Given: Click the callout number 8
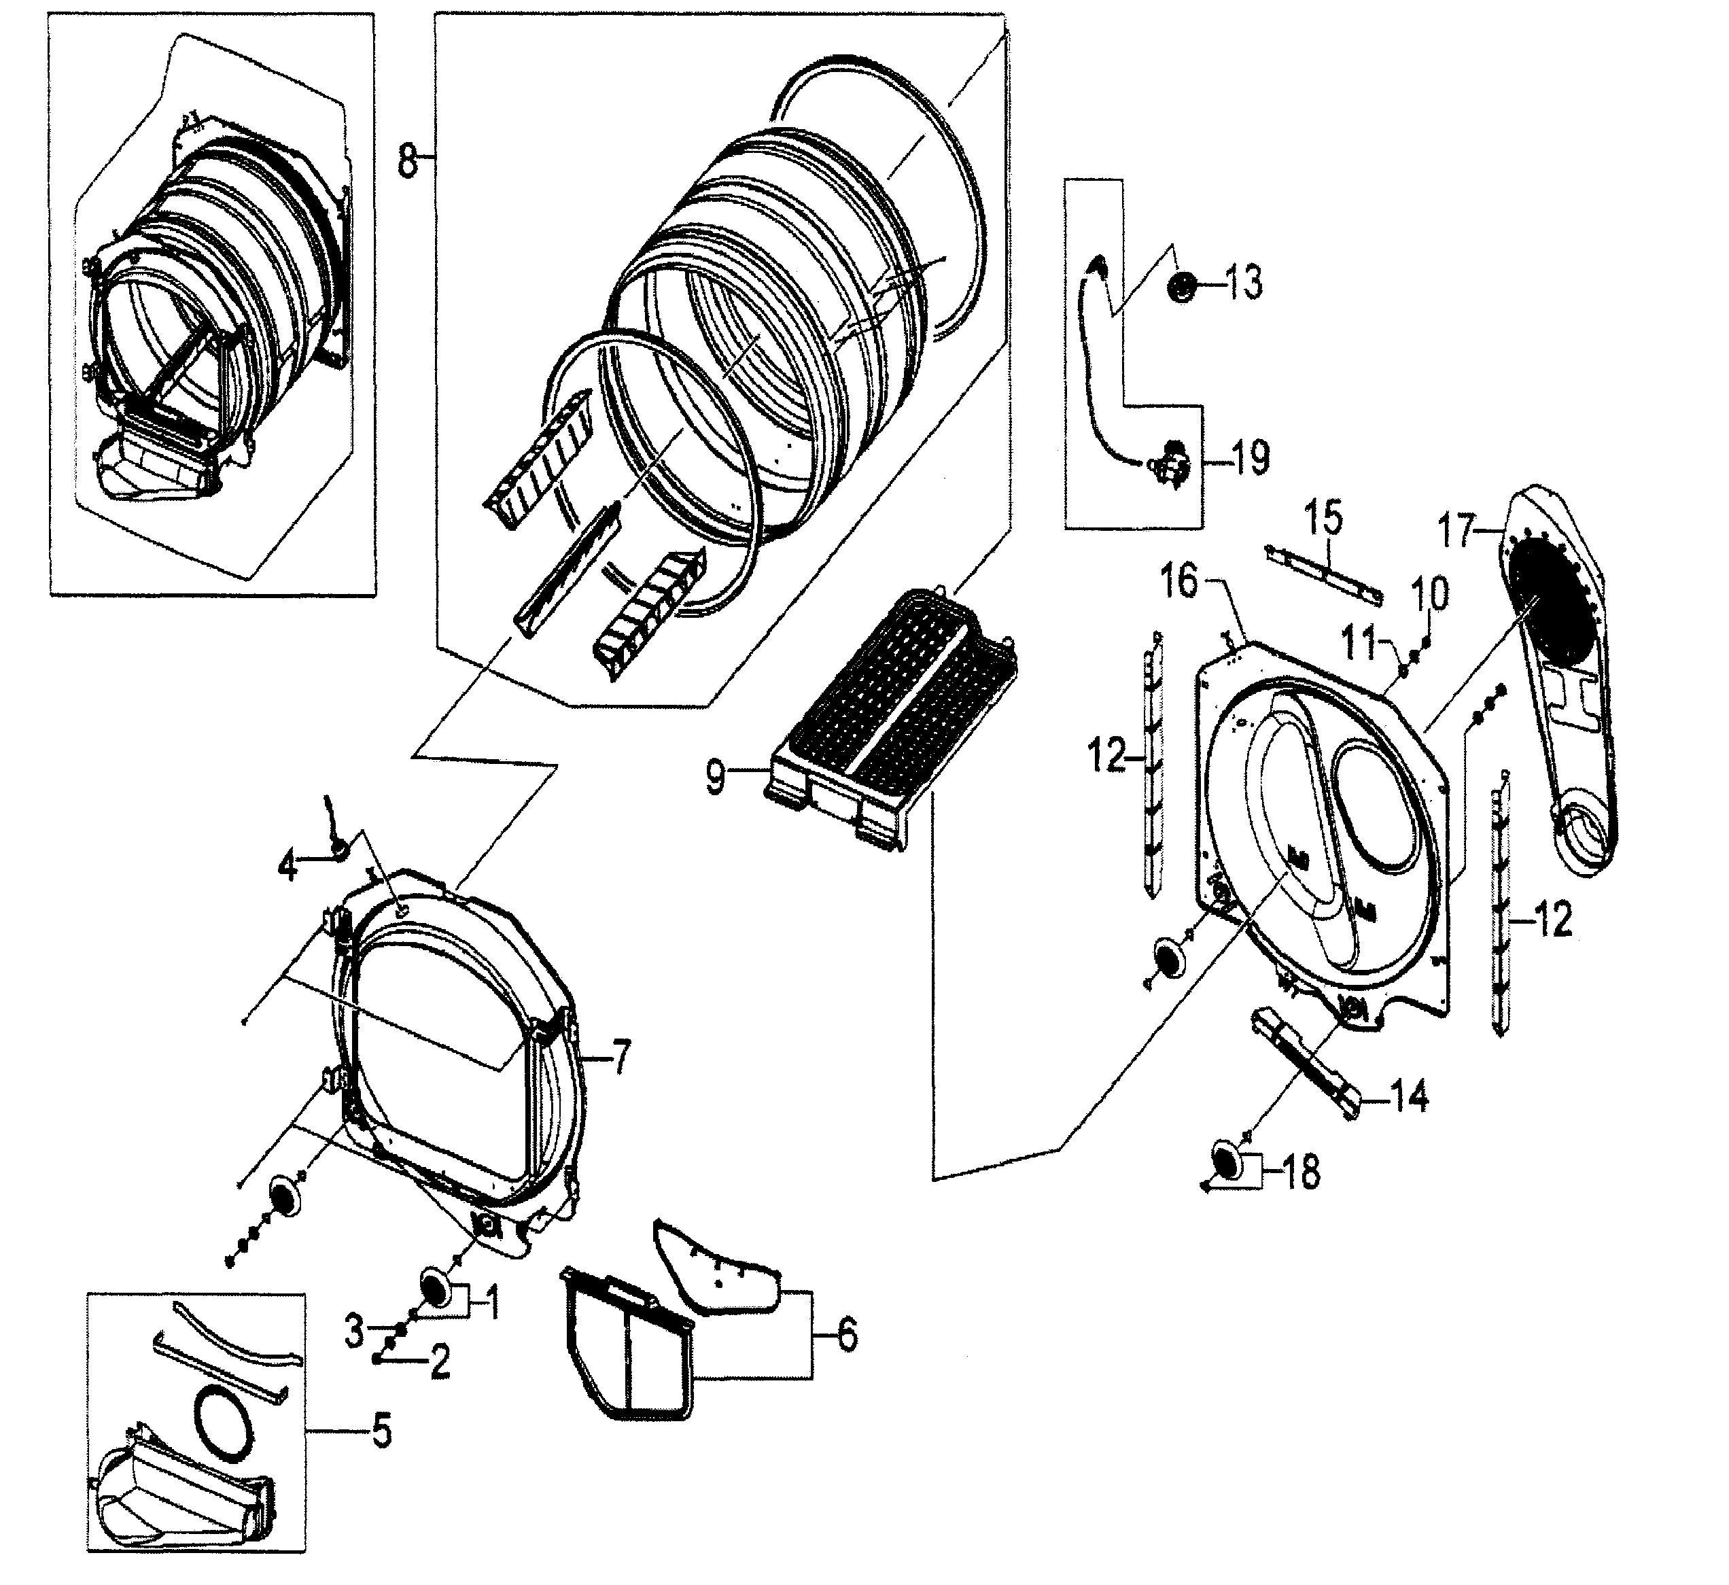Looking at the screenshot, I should pos(408,161).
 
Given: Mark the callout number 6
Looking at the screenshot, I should pos(847,1336).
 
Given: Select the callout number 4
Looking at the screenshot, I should pos(288,867).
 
